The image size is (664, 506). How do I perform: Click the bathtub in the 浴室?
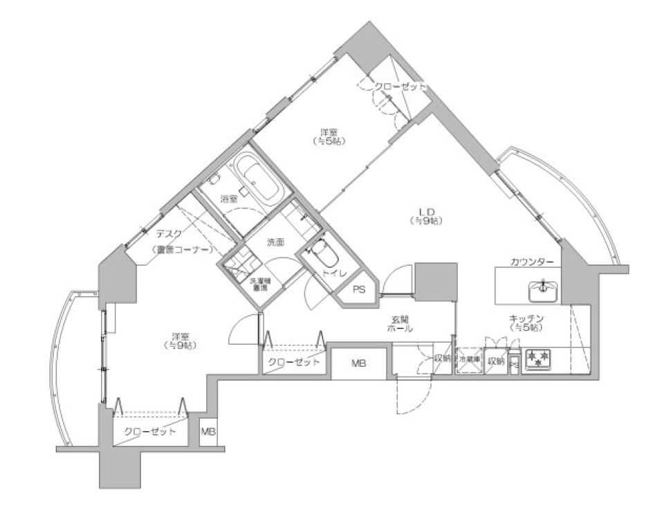point(256,177)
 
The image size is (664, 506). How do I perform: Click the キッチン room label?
point(528,322)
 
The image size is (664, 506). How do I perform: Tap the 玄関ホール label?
point(402,323)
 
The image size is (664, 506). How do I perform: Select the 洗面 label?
point(276,242)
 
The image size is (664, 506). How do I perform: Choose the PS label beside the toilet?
point(360,289)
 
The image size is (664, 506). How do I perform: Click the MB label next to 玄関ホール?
point(358,363)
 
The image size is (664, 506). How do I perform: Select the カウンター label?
point(531,262)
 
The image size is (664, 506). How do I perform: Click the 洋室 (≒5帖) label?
point(329,136)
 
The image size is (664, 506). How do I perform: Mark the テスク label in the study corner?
point(169,234)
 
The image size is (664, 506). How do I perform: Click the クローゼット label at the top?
point(399,87)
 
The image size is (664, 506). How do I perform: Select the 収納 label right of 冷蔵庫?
point(495,361)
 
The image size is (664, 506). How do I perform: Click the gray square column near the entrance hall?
point(436,281)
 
